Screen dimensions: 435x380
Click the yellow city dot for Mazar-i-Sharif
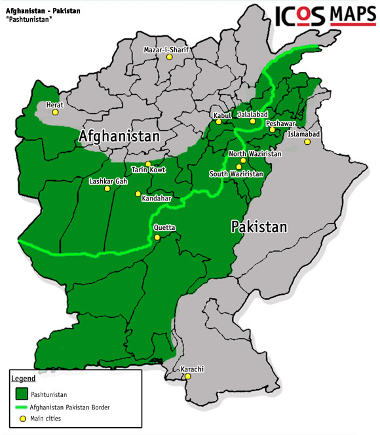[170, 57]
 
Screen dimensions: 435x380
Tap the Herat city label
[55, 104]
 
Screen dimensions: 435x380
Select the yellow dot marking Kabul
[219, 122]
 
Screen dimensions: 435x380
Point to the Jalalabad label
[253, 114]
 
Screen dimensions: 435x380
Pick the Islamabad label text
[303, 134]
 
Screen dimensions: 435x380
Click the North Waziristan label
[255, 153]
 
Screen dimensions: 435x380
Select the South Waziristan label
[237, 174]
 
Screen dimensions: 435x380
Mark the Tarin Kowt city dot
[148, 164]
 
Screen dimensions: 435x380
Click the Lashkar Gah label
[108, 181]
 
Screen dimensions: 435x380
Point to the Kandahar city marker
[138, 194]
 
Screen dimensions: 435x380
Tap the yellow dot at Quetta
[157, 237]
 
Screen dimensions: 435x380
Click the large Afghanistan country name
[119, 136]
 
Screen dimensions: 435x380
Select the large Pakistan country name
[259, 227]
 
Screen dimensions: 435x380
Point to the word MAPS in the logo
[353, 14]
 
